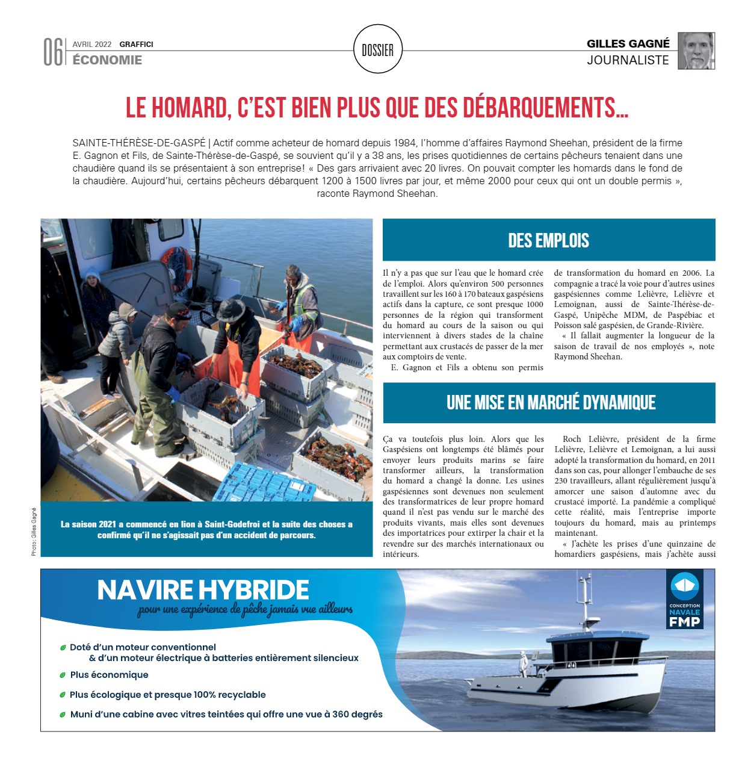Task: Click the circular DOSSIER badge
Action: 377,50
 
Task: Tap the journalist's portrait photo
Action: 696,51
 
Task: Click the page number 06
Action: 53,52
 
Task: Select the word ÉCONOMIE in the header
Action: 107,60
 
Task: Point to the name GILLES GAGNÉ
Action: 628,43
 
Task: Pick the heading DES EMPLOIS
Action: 548,241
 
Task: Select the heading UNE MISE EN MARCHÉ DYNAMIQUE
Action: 551,402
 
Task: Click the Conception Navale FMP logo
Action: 685,600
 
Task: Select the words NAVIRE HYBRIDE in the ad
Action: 203,590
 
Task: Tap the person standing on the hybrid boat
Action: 522,662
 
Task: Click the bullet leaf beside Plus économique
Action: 63,675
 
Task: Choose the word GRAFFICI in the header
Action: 136,45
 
